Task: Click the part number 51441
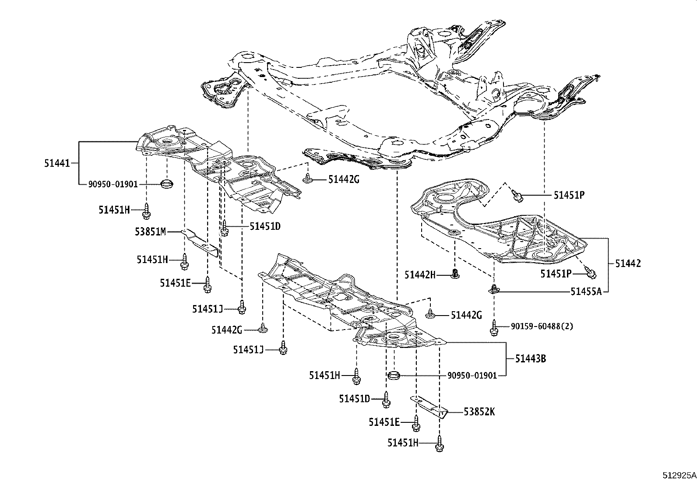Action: point(56,163)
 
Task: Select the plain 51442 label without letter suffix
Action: point(627,263)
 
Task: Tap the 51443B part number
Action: point(530,359)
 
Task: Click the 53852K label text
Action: point(479,412)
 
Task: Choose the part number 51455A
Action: point(586,291)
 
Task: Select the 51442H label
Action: point(420,274)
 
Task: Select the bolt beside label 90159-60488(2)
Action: point(494,328)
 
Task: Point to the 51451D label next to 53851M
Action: point(265,226)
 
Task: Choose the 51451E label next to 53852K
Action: point(384,422)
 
